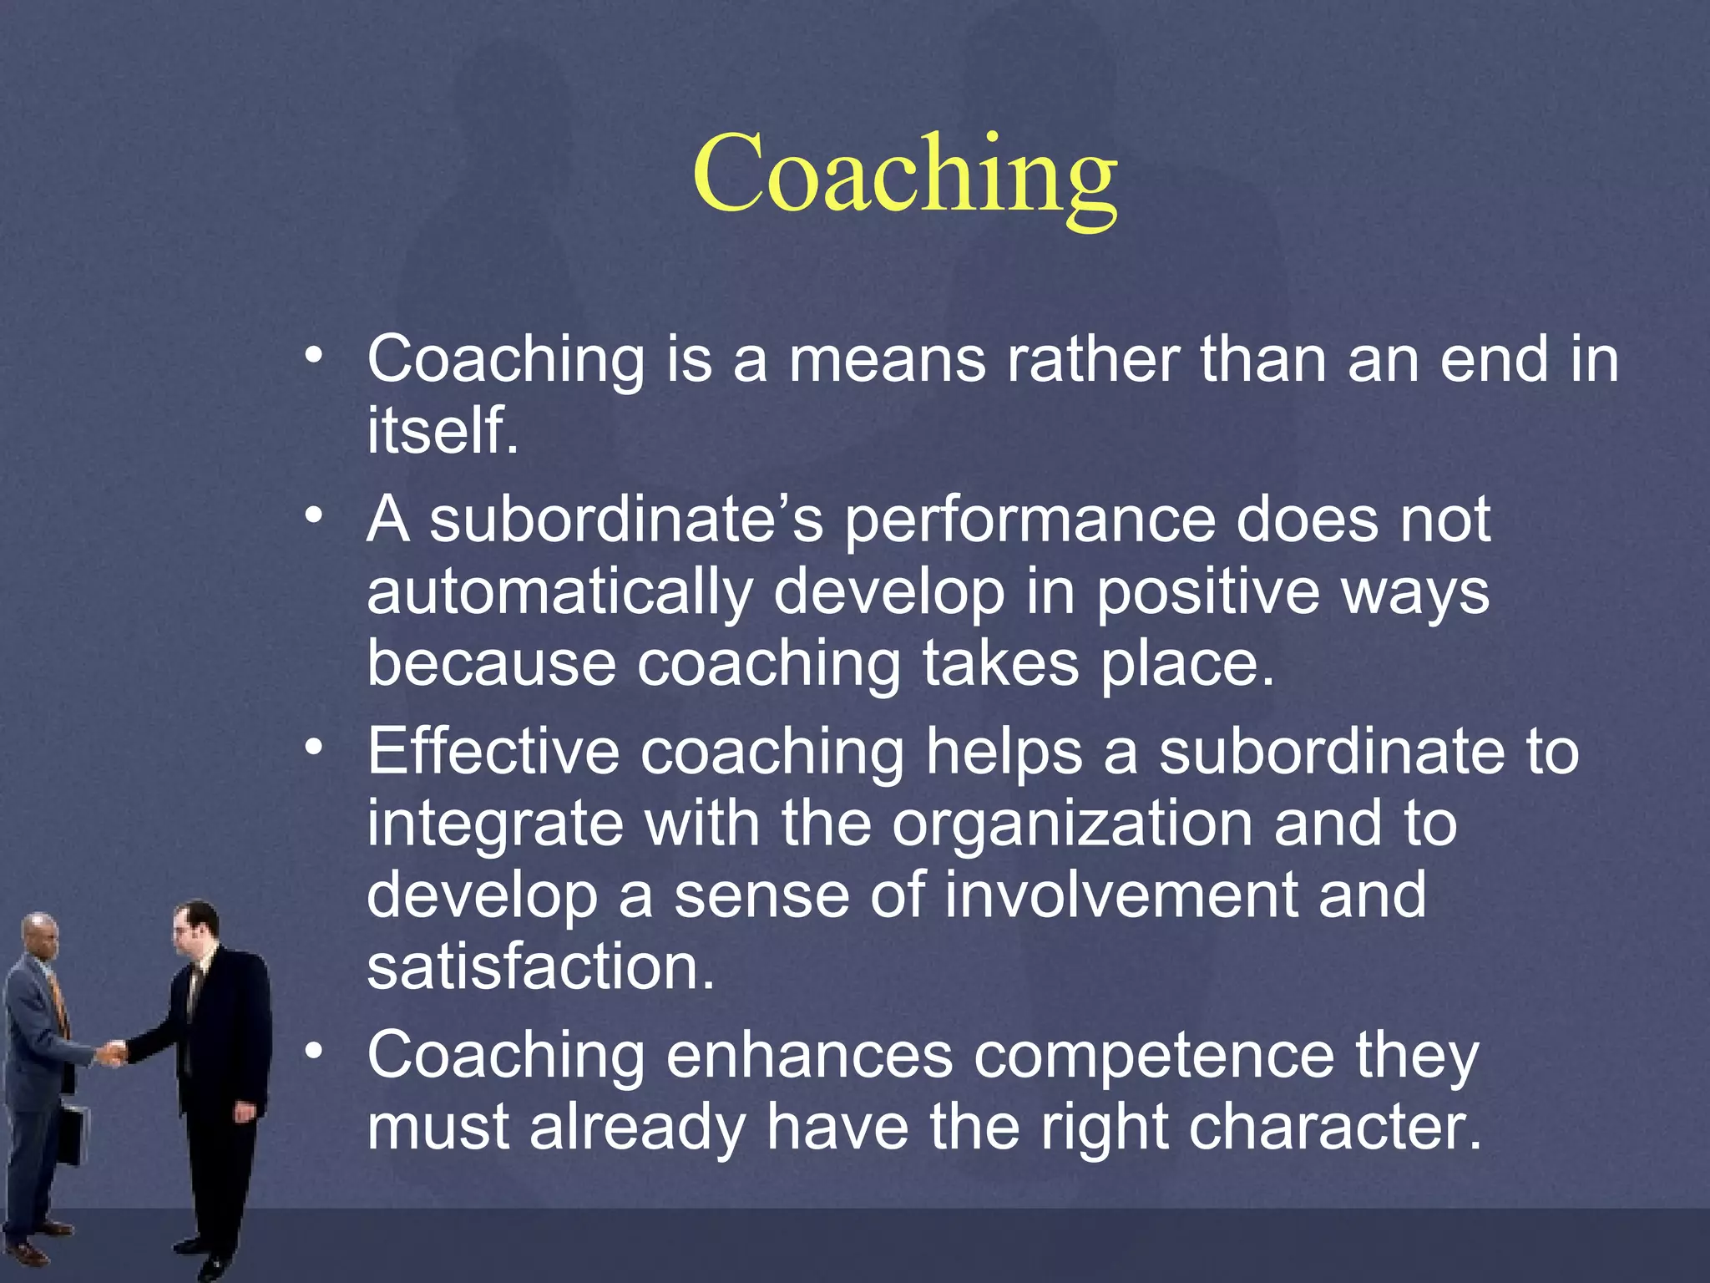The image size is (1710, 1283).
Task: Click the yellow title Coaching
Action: pyautogui.click(x=904, y=175)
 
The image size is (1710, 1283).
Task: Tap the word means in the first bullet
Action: pyautogui.click(x=887, y=359)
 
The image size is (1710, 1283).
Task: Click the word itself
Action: pyautogui.click(x=443, y=430)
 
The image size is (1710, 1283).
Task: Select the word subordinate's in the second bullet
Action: pyautogui.click(x=626, y=520)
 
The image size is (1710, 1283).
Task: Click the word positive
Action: pyautogui.click(x=1207, y=591)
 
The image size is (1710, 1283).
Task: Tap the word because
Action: pyautogui.click(x=491, y=663)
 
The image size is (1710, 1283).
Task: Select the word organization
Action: pyautogui.click(x=1071, y=824)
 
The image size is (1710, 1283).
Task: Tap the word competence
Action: pyautogui.click(x=1155, y=1056)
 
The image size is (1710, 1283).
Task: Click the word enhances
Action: pyautogui.click(x=809, y=1056)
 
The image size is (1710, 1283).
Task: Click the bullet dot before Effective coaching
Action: pyautogui.click(x=313, y=746)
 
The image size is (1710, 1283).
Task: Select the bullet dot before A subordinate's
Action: pyautogui.click(x=313, y=515)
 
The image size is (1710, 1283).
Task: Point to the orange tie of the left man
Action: pyautogui.click(x=58, y=1002)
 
